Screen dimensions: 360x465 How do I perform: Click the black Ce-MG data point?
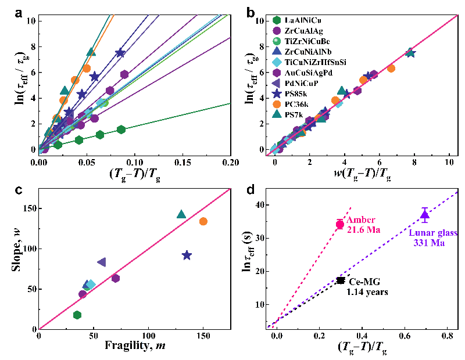[x=341, y=280]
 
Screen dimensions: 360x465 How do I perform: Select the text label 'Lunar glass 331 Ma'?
[x=433, y=238]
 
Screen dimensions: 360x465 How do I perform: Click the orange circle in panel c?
[x=203, y=221]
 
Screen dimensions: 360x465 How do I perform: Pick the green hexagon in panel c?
[x=77, y=315]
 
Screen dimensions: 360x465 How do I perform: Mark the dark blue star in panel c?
[x=187, y=255]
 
